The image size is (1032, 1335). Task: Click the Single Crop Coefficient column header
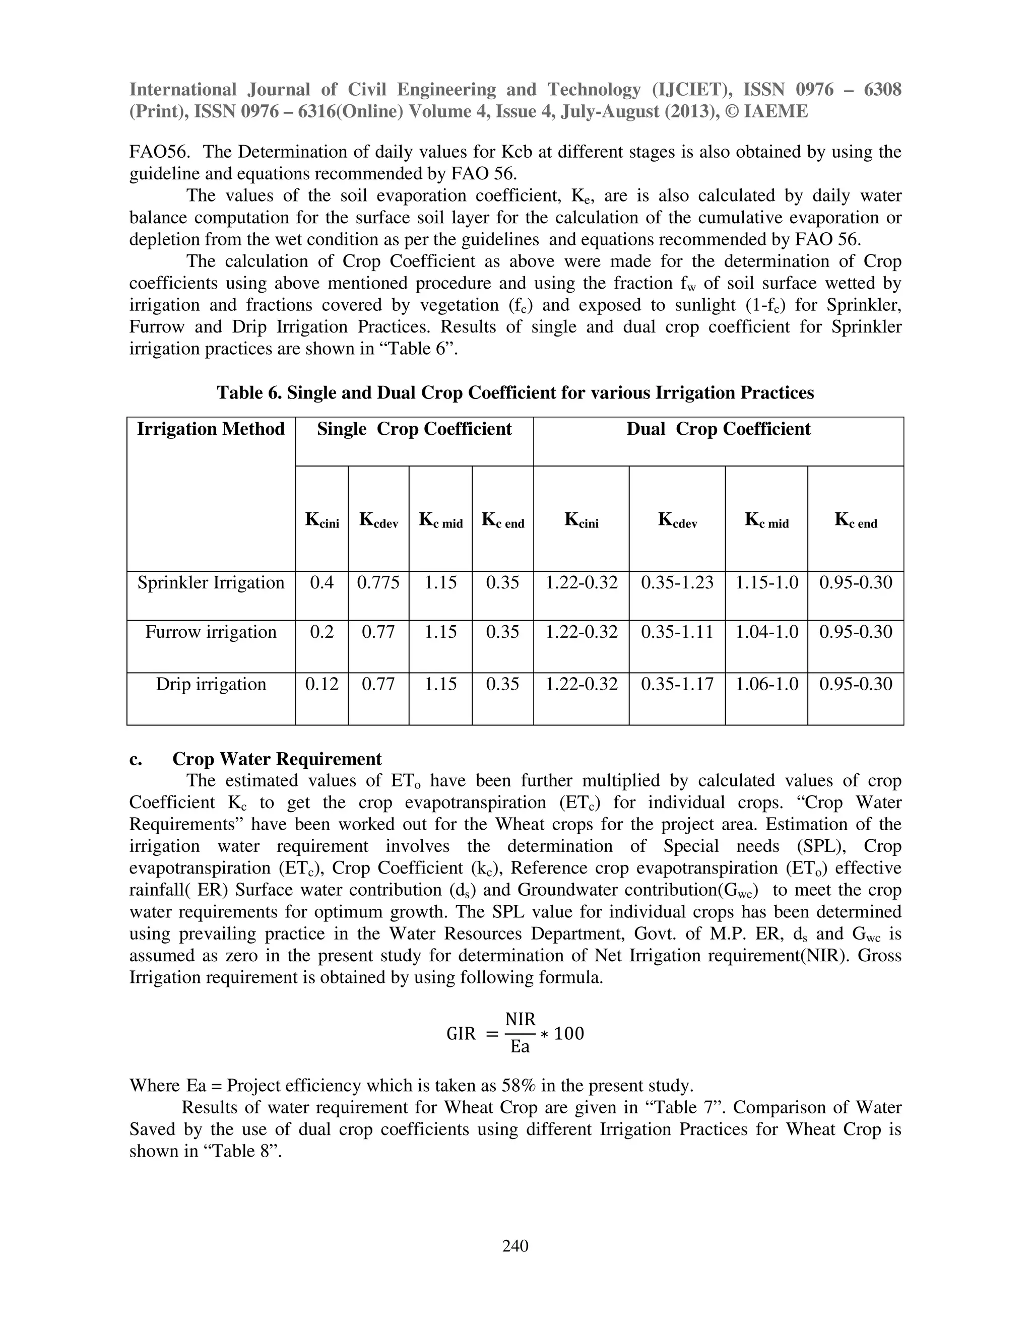point(414,429)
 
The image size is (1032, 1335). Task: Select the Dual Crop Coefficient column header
point(719,429)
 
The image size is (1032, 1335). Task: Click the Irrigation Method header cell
point(211,429)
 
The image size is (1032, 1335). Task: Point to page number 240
point(515,1245)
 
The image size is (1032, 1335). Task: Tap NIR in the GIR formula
point(520,1020)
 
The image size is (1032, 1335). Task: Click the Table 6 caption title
point(515,392)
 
